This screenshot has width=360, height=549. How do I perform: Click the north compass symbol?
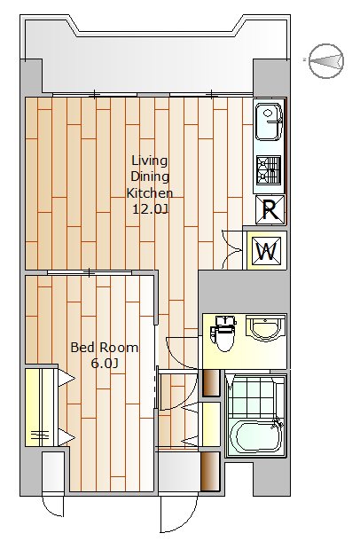(x=326, y=61)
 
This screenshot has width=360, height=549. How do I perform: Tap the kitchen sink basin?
(x=269, y=122)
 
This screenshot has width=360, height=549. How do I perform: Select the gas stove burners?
(x=269, y=170)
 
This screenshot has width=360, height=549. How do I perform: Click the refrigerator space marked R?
(x=270, y=209)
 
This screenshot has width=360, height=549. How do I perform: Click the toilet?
(x=223, y=333)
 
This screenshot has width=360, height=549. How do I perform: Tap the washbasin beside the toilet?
(x=265, y=328)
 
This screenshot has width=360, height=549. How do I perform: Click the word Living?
(x=150, y=161)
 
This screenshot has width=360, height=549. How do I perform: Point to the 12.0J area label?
(x=150, y=209)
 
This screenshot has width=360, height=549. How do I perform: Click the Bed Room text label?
(x=105, y=348)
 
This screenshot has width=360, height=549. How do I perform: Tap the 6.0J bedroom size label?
(x=104, y=364)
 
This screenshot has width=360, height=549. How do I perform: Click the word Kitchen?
(x=150, y=193)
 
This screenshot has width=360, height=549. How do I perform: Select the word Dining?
(x=150, y=176)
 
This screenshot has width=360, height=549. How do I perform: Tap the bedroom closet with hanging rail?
(x=41, y=407)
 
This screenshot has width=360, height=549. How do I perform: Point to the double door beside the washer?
(x=232, y=250)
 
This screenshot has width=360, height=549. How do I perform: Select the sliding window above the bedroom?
(x=90, y=272)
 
